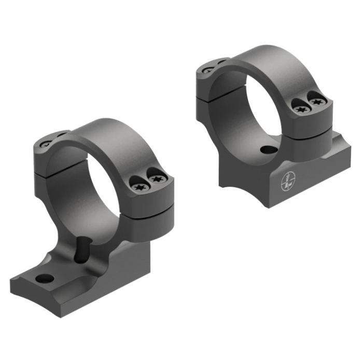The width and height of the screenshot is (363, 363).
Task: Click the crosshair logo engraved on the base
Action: (285, 183)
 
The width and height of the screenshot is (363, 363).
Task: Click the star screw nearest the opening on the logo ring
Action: (300, 109)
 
